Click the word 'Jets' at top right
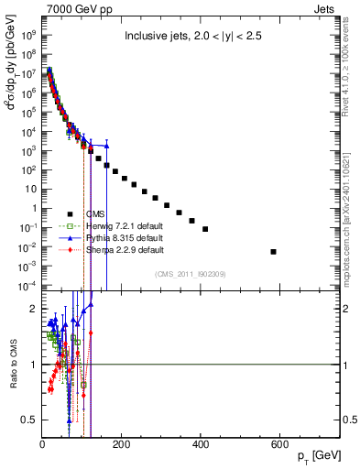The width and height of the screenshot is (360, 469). click(333, 8)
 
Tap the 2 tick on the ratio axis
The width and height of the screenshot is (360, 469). click(33, 309)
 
